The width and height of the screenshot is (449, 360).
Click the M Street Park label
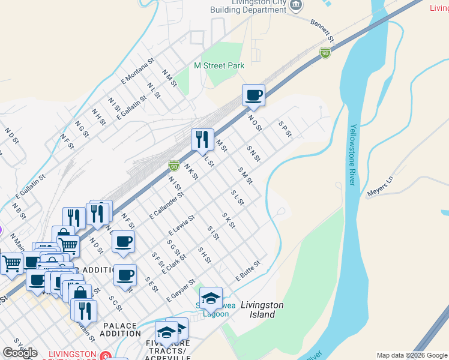coord(219,65)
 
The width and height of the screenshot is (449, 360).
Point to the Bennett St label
coord(322,30)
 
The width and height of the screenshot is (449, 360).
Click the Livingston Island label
coord(262,310)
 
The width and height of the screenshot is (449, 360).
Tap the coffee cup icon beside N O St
coord(253,95)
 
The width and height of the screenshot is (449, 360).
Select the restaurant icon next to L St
coord(202,140)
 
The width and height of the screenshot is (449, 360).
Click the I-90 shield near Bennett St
coord(325,53)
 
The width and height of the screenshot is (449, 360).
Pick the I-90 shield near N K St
coord(173,164)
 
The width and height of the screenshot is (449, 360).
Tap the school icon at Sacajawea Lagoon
coord(211,298)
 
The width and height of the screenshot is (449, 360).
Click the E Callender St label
coord(166,205)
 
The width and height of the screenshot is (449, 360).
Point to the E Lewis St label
coord(182,225)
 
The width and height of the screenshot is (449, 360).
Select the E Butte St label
coord(248,268)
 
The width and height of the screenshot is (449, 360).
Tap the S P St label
coord(285,129)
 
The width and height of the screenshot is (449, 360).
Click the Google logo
coord(20,352)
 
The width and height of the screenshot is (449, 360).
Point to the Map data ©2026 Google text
coord(411,355)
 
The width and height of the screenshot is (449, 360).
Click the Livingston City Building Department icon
coord(296,5)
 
